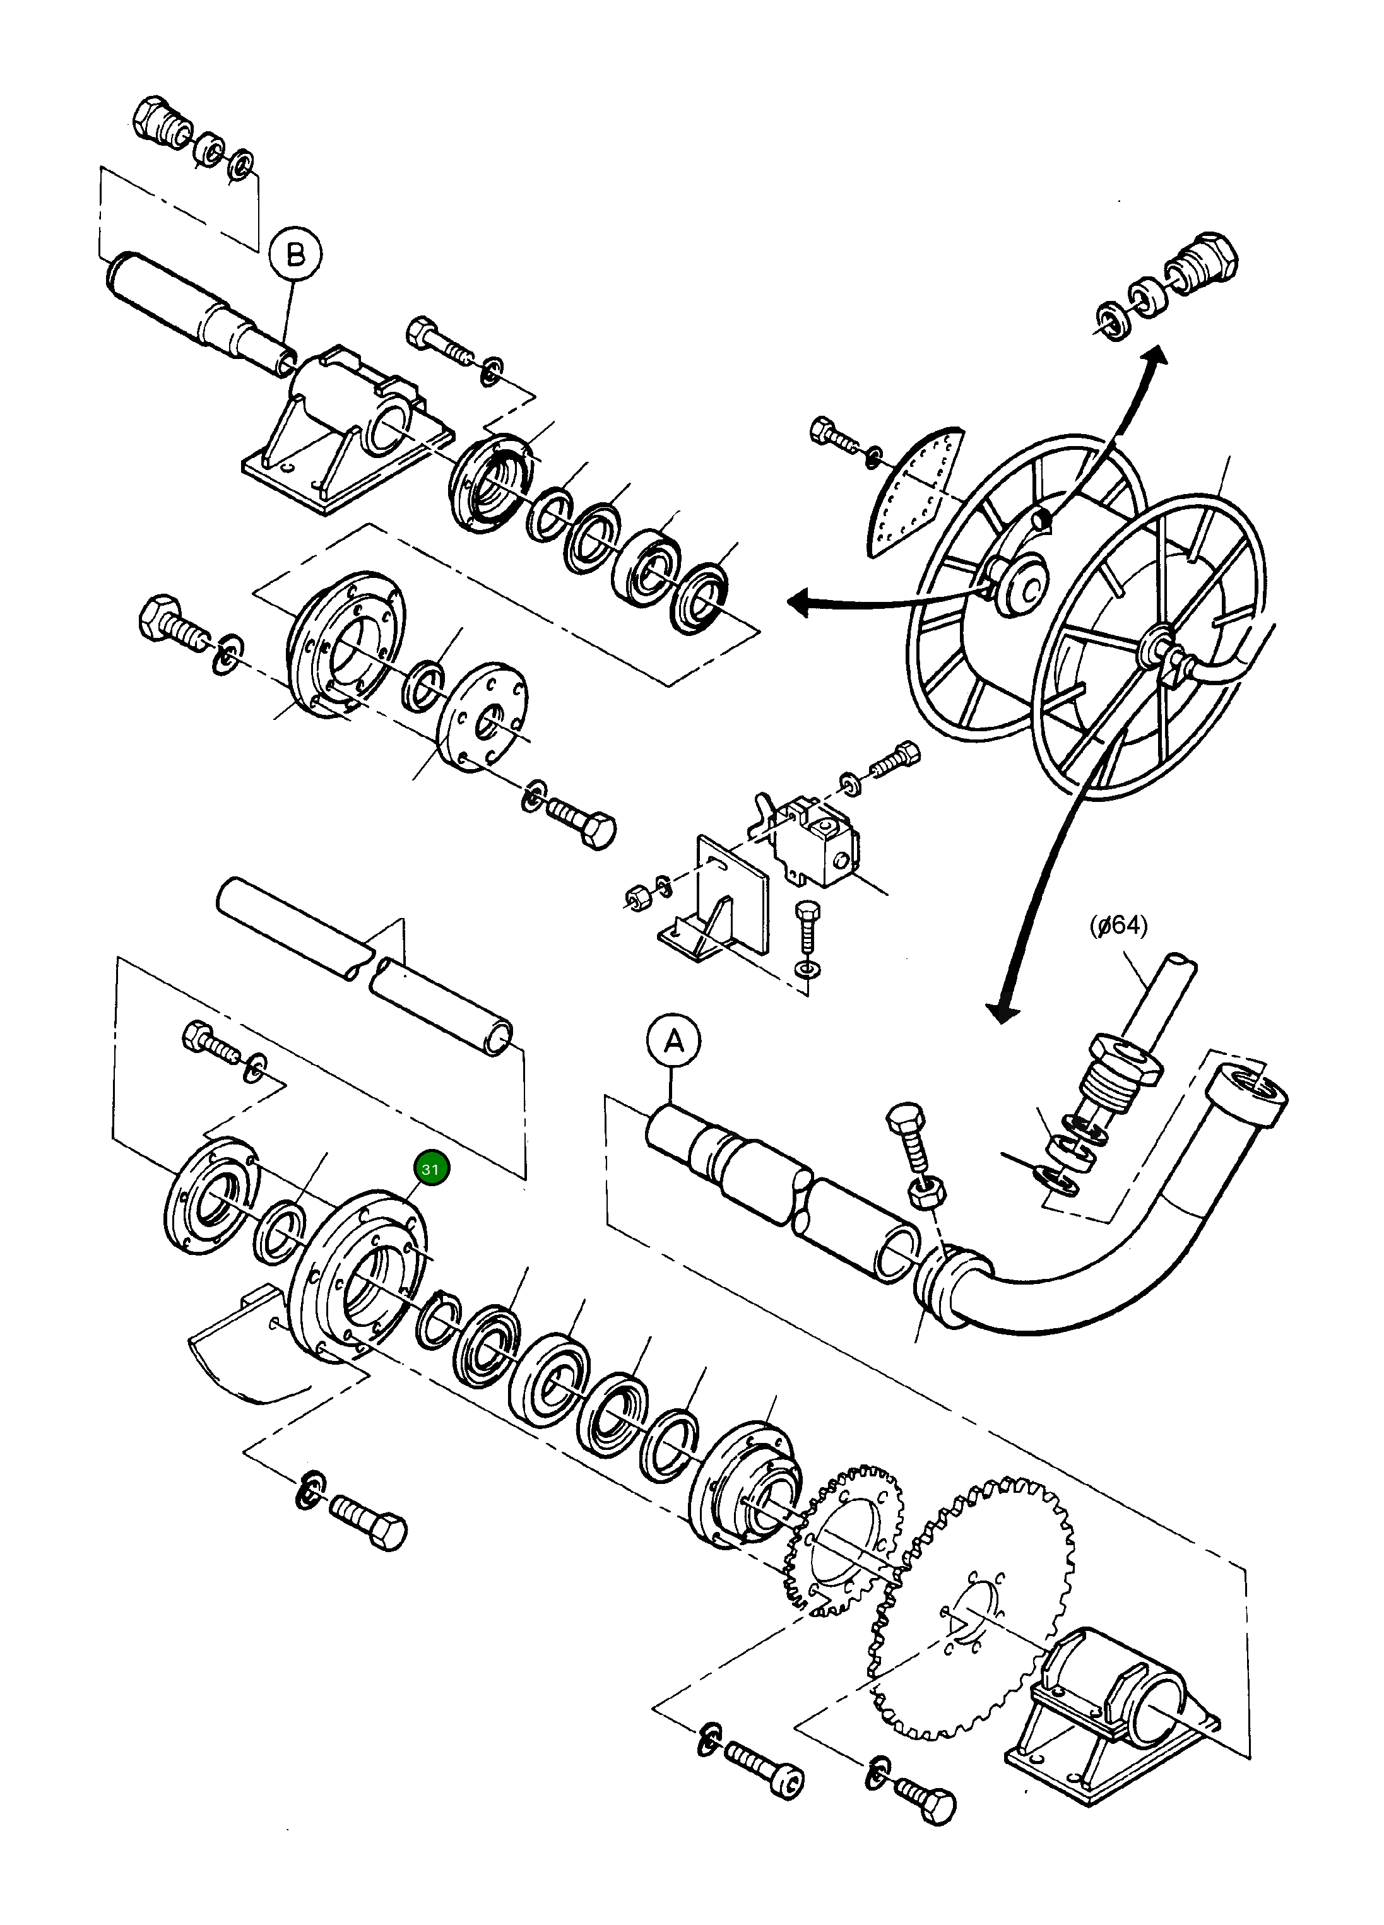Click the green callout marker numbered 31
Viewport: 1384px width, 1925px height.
[x=430, y=1169]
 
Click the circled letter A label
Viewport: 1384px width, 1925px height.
[x=673, y=1040]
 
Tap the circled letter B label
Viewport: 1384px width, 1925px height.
[x=295, y=254]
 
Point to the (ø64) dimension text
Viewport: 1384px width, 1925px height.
[x=1118, y=925]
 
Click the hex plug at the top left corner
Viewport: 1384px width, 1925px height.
[x=162, y=123]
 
